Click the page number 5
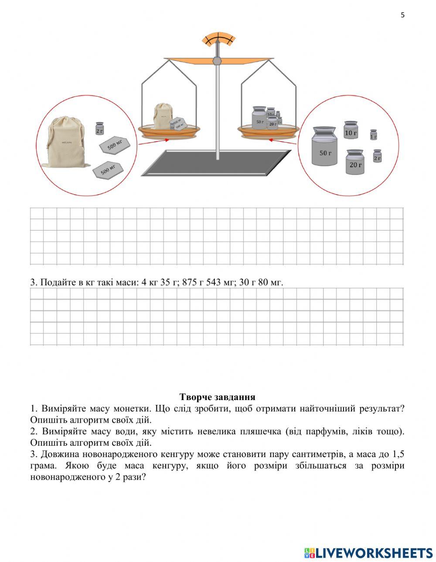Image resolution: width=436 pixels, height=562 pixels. (x=402, y=15)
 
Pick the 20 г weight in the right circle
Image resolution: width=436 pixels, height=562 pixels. (x=355, y=162)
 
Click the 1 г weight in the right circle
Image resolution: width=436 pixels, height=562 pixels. (x=373, y=135)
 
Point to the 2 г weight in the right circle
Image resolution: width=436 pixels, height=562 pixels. (x=378, y=156)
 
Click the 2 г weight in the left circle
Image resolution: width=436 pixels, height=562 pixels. (x=100, y=128)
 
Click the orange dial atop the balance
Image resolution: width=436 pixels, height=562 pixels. (x=219, y=39)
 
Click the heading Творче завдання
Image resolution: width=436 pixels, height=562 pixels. (x=217, y=397)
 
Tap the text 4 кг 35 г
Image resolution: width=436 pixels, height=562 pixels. (x=159, y=282)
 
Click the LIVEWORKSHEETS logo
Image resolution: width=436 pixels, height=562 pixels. (x=368, y=553)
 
